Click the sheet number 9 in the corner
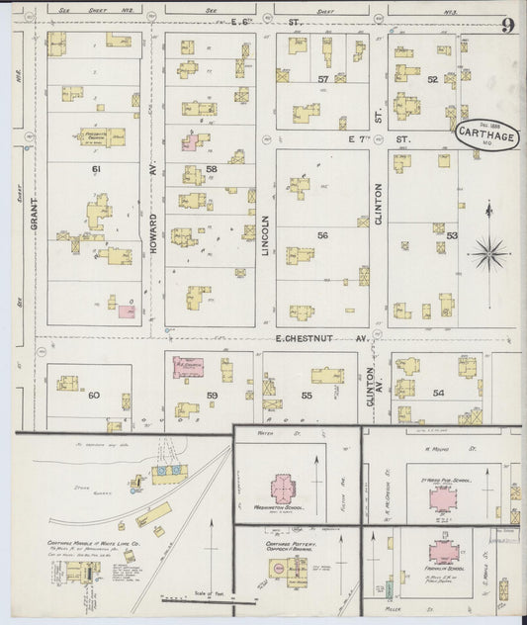506,25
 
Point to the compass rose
487,252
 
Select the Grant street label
34,235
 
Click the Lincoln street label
265,237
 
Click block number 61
96,170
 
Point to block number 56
321,234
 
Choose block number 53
452,235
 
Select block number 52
432,79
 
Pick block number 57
322,78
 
